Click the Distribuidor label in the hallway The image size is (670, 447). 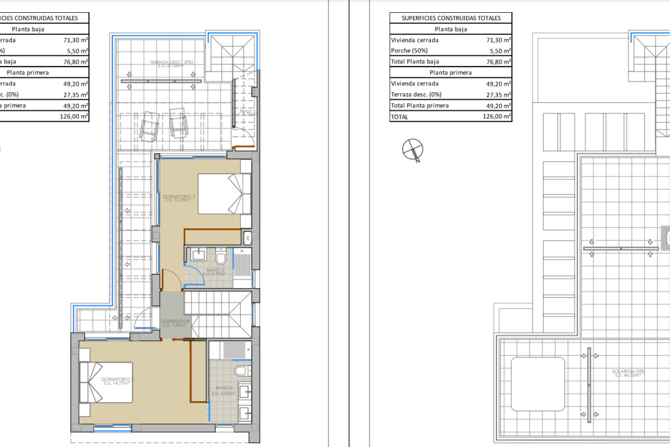(x=176, y=322)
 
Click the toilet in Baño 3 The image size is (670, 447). (x=221, y=258)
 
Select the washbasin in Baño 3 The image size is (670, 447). (x=198, y=255)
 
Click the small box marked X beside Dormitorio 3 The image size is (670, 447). (x=248, y=238)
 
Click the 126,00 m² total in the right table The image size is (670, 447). (x=496, y=117)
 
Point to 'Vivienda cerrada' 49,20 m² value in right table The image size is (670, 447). (x=496, y=84)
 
